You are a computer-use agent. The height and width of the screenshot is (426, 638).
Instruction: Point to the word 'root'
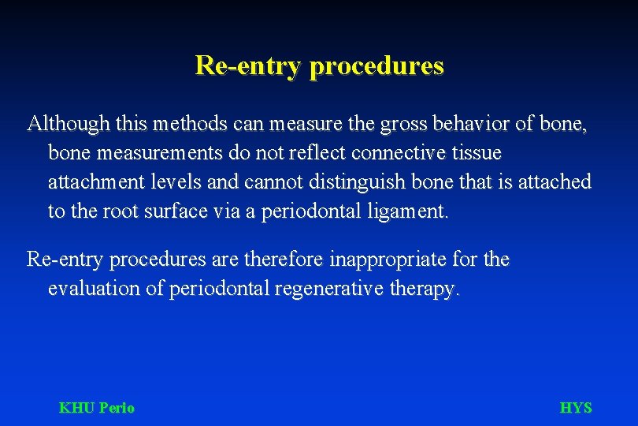pos(116,211)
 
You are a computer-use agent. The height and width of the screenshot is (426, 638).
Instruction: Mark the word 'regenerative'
pos(330,289)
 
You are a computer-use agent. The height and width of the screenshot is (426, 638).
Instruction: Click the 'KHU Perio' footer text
pos(97,408)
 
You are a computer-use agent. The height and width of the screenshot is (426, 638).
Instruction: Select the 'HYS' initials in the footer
pos(576,408)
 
